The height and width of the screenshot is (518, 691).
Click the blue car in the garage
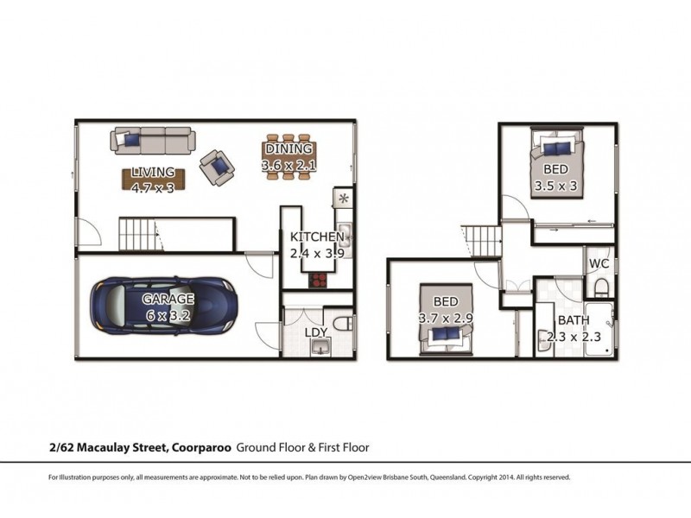coord(164,306)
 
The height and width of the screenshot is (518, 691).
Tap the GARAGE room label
coord(168,299)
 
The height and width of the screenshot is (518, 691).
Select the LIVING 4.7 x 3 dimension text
coord(153,188)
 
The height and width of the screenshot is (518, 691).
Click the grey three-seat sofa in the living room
coord(153,141)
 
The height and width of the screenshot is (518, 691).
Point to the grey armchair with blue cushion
coord(217,167)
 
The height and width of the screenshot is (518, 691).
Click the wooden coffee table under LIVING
coord(153,180)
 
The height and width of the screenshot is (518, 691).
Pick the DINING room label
coord(288,148)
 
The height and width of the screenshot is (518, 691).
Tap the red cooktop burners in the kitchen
coord(318,280)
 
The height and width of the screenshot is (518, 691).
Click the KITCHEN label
coord(317,237)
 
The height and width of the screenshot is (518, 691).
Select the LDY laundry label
coord(316,332)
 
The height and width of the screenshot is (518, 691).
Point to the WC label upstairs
coord(599,264)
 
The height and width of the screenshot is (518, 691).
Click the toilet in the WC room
coord(600,288)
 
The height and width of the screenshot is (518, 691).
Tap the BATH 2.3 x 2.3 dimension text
coord(574,337)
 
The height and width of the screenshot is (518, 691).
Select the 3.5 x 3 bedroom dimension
coord(555,186)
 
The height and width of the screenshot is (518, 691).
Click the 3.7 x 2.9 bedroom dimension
coord(446,318)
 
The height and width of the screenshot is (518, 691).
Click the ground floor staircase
coord(137,235)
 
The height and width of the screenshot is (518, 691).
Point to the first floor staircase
coord(484,241)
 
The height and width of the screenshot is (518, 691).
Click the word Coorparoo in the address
coord(201,447)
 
